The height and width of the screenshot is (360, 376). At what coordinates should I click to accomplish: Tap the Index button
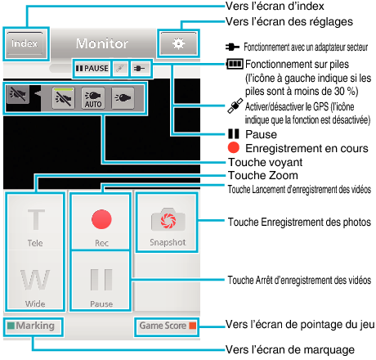point(25,43)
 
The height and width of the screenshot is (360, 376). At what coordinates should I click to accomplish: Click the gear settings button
point(178,43)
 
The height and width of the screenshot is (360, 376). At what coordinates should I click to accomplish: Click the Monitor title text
point(102,43)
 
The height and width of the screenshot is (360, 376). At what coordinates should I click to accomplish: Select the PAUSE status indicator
point(92,68)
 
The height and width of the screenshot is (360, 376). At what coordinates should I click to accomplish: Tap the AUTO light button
point(93,98)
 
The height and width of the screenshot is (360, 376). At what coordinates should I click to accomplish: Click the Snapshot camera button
point(168,223)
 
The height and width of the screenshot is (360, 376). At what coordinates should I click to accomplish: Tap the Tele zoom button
point(35,223)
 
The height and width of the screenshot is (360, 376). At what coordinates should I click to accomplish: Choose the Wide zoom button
point(35,281)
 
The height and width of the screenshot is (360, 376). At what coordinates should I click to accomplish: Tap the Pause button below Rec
point(101,281)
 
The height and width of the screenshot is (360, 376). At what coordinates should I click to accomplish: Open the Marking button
point(34,326)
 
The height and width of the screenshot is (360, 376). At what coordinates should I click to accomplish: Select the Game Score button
point(167,326)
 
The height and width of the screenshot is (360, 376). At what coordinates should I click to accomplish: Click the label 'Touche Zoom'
point(263,175)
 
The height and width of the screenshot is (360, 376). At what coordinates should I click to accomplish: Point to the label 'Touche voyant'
point(266,162)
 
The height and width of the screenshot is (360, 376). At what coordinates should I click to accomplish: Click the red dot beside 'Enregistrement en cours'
point(234,147)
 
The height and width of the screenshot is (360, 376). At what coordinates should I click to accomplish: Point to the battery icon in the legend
point(235,64)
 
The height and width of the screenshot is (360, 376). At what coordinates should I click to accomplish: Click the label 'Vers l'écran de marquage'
point(290,349)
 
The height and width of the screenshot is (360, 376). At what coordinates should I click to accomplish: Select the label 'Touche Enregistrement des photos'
point(299,222)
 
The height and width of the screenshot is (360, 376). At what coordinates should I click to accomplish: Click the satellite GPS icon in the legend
point(235,106)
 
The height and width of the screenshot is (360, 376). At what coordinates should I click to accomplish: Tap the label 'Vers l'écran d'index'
point(275,6)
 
